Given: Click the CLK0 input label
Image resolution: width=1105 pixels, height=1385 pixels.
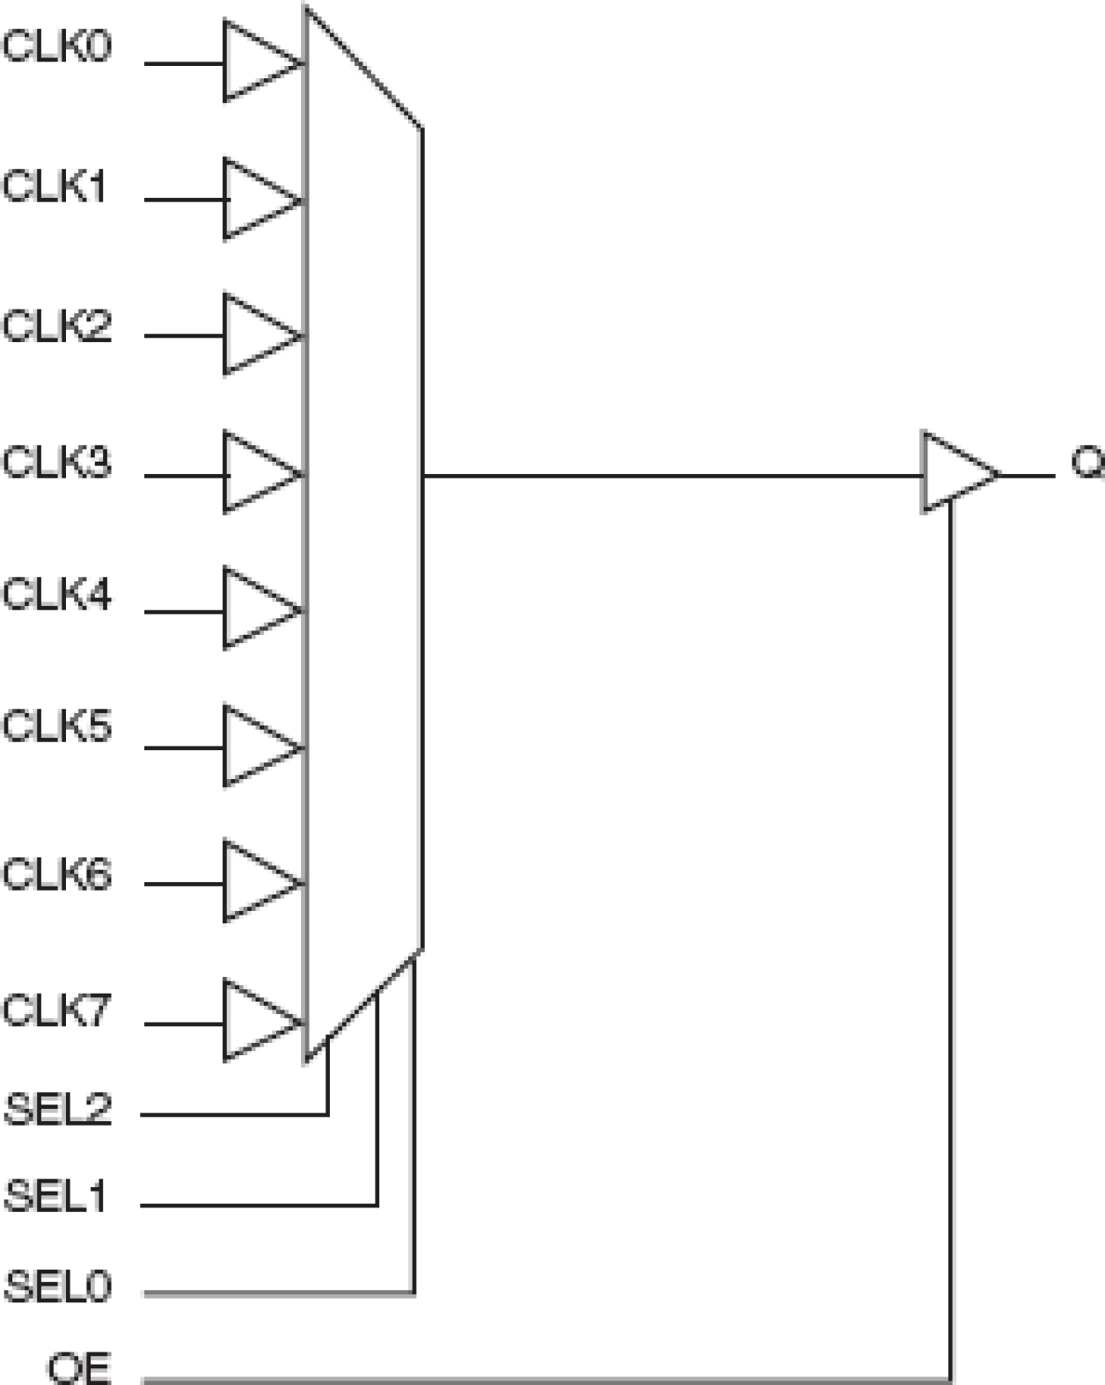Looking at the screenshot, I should coord(57,46).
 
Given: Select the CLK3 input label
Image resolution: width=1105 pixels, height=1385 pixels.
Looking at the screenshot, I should coord(57,462).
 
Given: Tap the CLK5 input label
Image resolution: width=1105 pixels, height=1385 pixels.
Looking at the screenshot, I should coord(57,726).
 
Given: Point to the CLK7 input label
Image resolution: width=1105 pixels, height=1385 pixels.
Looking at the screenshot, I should coord(57,1010).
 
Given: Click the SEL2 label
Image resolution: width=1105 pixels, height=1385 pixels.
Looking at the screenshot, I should coord(58,1109).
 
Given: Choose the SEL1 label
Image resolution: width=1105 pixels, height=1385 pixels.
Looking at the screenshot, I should coord(55,1197).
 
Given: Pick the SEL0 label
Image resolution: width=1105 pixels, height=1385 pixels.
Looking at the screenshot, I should coord(58,1287).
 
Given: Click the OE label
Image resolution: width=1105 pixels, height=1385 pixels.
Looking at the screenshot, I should coord(79,1368).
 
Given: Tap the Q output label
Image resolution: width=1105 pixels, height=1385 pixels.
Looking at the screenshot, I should coord(1087,463).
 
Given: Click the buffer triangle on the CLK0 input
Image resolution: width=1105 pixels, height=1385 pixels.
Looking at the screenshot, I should coord(257,62).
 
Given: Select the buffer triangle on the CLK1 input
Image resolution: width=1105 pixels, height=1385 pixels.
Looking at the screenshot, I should coord(257,200).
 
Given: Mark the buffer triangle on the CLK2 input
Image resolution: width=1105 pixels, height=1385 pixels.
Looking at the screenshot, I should coord(257,335).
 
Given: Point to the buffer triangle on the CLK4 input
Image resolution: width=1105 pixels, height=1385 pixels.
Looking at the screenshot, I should coord(257,609).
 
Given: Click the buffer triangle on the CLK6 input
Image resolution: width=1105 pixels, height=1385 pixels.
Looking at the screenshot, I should coord(257,882).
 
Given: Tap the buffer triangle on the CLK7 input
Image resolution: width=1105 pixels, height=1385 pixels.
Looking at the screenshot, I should coord(257,1021).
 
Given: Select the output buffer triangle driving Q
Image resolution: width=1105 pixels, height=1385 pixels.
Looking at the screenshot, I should coord(955,473).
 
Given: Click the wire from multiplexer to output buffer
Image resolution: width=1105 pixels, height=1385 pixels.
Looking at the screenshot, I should coord(669,476).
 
